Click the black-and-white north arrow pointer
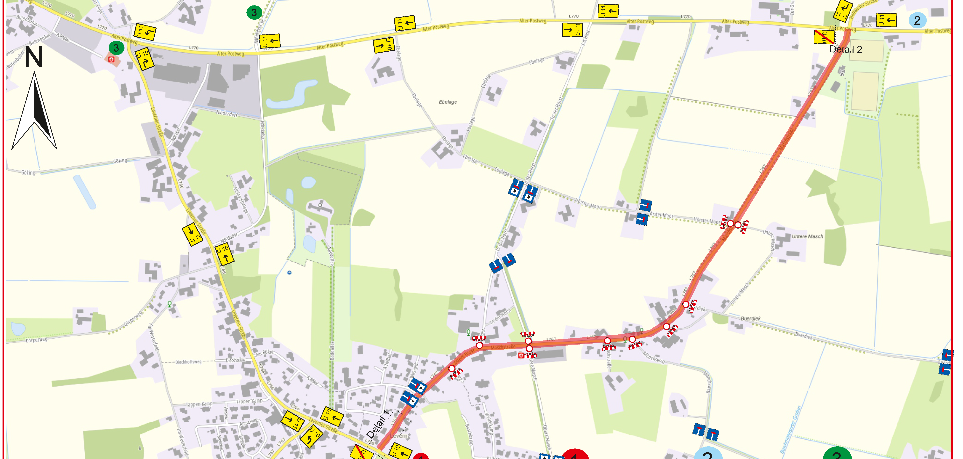34,112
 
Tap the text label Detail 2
846,49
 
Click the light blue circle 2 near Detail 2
917,20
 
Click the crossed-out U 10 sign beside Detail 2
824,37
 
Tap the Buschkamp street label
469,434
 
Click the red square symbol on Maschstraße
521,355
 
